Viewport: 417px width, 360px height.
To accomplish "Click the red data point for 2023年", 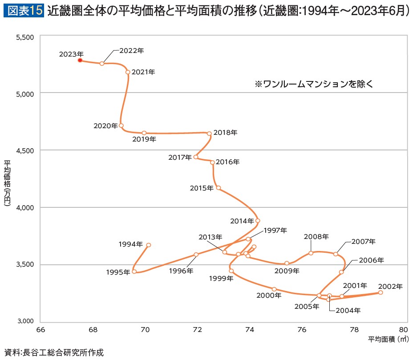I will click(80, 60).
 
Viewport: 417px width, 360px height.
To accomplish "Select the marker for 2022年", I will click(102, 64).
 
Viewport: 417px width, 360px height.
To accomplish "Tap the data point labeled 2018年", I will click(209, 133).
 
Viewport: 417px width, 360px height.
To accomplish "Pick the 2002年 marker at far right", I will click(381, 292).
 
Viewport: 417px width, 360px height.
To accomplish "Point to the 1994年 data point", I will click(149, 245).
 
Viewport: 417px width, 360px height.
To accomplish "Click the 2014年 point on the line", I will click(258, 221).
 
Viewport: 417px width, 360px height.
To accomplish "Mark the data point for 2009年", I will click(287, 263).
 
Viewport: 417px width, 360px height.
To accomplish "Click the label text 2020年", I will click(105, 126).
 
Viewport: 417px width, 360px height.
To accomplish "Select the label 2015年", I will click(202, 188).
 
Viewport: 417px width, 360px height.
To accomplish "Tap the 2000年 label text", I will click(268, 295).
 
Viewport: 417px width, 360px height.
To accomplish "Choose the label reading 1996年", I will click(181, 270).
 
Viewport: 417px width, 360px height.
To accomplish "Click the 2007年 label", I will click(364, 242).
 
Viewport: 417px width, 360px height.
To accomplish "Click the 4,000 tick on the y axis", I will click(25, 208).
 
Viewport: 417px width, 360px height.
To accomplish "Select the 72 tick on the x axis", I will click(198, 330).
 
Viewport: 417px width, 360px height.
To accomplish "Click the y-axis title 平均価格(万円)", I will click(7, 182).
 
